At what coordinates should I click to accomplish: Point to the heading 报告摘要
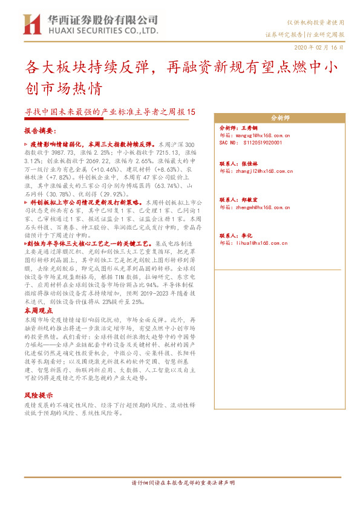(40, 131)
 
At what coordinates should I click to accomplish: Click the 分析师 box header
(280, 117)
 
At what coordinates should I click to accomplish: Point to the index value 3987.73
(65, 154)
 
